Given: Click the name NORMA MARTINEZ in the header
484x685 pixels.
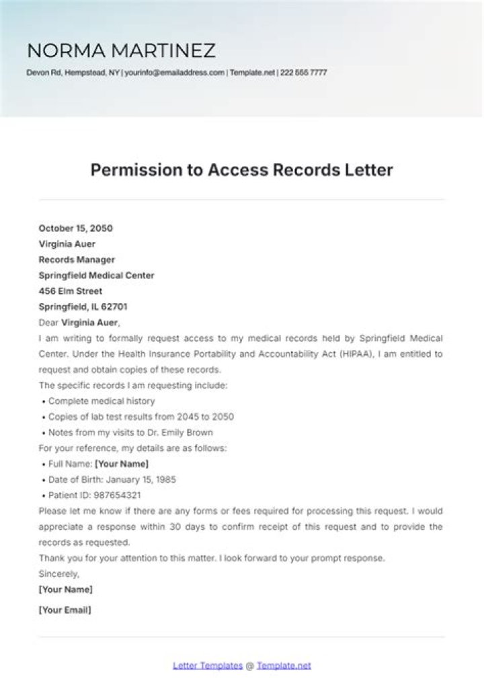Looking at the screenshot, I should (121, 50).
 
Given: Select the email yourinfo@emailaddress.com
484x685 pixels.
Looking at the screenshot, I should (174, 73).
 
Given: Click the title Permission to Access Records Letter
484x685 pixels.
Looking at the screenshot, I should (241, 170).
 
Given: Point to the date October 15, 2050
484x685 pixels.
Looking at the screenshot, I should (76, 228).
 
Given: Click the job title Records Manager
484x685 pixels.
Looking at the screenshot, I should (77, 259).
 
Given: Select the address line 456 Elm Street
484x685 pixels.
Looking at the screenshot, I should (71, 291).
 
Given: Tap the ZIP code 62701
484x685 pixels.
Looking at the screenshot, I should (114, 307).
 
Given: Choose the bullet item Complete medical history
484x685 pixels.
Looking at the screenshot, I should (102, 401).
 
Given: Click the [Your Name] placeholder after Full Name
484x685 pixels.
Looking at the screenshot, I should (122, 464).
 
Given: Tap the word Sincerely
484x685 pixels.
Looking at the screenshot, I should (59, 573).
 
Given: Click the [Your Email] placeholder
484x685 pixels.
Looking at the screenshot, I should (65, 610).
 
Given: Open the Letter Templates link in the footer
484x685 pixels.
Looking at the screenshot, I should (208, 666).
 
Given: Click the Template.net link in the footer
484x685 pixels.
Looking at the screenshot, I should (284, 666).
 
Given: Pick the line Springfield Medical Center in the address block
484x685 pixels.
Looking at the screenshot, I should (96, 275).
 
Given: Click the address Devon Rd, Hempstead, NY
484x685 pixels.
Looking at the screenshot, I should (73, 73).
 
